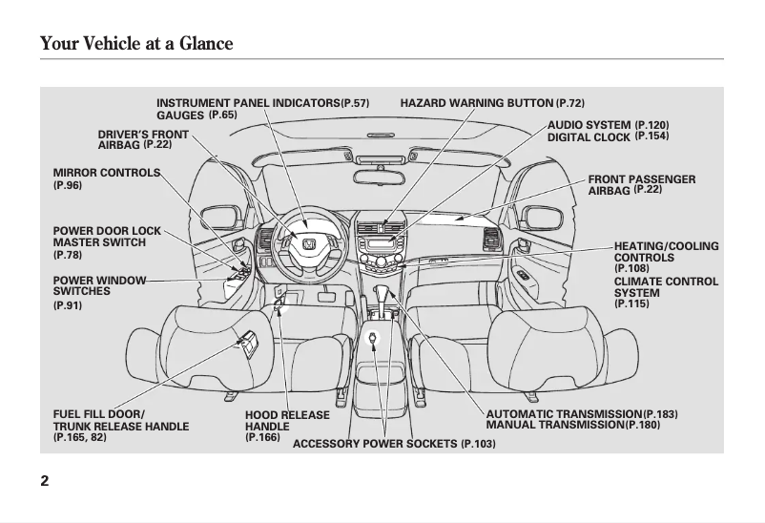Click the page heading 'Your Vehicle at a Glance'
pyautogui.click(x=136, y=44)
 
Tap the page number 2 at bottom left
pyautogui.click(x=45, y=480)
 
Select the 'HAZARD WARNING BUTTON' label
pyautogui.click(x=476, y=102)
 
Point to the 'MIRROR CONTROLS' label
pyautogui.click(x=107, y=173)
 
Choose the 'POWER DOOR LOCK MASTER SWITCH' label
pyautogui.click(x=100, y=237)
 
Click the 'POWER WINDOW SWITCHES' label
pyautogui.click(x=99, y=285)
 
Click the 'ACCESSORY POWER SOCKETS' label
pyautogui.click(x=375, y=445)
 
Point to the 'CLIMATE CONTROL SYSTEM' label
pyautogui.click(x=666, y=287)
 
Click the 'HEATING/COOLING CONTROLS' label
pyautogui.click(x=666, y=252)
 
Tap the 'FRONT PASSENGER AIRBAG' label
pyautogui.click(x=641, y=184)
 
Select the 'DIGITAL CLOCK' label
pyautogui.click(x=589, y=137)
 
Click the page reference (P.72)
pyautogui.click(x=570, y=102)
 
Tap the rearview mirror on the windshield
pyautogui.click(x=379, y=175)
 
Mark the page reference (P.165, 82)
pyautogui.click(x=80, y=437)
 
